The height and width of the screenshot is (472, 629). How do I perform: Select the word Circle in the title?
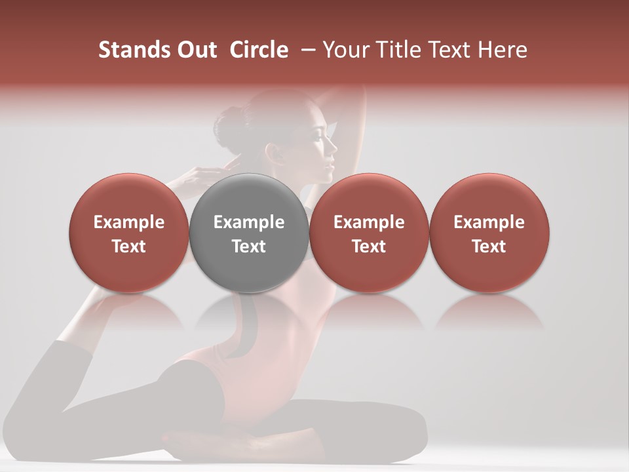click(259, 50)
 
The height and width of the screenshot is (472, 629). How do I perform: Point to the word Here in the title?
click(503, 50)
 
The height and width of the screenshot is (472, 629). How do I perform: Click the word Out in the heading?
click(196, 50)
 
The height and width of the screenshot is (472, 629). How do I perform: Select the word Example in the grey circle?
click(249, 222)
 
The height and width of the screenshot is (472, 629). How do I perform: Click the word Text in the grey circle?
click(249, 246)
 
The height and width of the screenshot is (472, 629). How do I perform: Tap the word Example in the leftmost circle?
click(129, 222)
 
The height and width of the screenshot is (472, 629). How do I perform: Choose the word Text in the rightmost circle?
click(489, 246)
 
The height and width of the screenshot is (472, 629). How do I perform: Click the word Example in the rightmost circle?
click(489, 222)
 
